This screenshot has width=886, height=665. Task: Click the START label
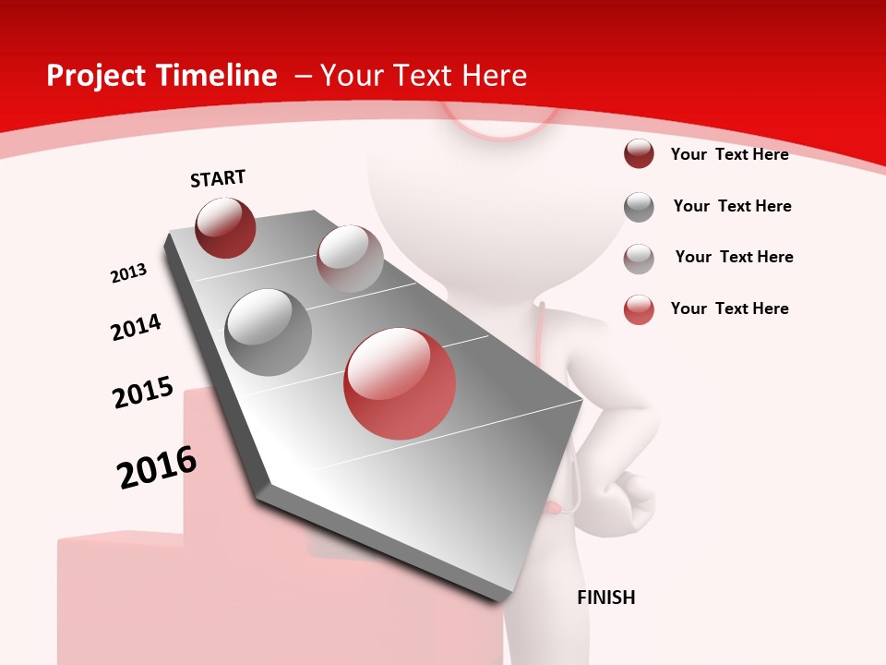[x=218, y=178]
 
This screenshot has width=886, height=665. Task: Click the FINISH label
[x=606, y=598]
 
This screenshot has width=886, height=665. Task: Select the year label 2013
[x=128, y=273]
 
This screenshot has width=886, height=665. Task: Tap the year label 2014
[x=136, y=327]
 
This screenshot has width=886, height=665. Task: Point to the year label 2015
[x=143, y=393]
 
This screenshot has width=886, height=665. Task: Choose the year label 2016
[x=157, y=467]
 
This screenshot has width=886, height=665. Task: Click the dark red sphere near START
[x=225, y=227]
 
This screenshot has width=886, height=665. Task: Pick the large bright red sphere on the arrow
[x=400, y=383]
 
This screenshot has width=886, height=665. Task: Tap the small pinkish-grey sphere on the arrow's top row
[x=350, y=259]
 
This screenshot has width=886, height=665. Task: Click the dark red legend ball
[x=639, y=154]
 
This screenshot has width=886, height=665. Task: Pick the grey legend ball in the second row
[x=639, y=207]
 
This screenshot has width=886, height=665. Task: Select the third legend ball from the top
[x=639, y=259]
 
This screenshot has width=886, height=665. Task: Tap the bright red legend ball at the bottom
[x=639, y=309]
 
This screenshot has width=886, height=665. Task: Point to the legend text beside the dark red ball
[x=729, y=154]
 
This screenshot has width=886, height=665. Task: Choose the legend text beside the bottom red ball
[x=729, y=308]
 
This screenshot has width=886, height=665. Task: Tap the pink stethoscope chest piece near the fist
[x=554, y=507]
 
